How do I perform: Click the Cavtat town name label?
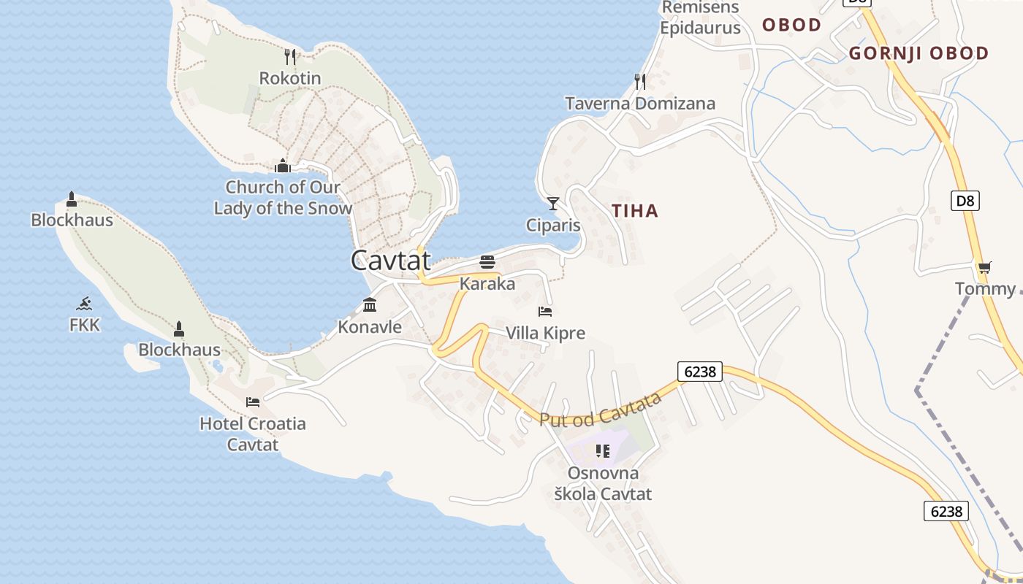tap(391, 261)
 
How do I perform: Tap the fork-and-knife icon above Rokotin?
tap(290, 57)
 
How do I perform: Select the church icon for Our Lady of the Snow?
tap(283, 166)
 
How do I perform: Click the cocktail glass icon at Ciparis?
tap(553, 203)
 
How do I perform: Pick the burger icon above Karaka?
tap(487, 262)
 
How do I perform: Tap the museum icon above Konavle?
tap(370, 304)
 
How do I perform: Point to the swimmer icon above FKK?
tap(85, 304)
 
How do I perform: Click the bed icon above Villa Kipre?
tap(545, 312)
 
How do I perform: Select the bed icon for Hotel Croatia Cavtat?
tap(253, 401)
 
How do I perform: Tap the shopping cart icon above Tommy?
tap(985, 267)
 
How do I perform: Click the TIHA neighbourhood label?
tap(635, 211)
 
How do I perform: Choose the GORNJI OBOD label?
tap(919, 53)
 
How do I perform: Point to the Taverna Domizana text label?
tap(640, 104)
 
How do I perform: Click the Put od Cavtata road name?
tap(601, 410)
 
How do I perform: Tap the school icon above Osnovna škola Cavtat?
tap(603, 451)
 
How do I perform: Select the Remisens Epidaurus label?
tap(700, 18)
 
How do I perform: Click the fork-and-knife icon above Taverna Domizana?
tap(640, 81)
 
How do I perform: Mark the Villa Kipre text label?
tap(546, 334)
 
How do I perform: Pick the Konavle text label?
tap(370, 327)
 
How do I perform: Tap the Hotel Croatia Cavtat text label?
tap(253, 434)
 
